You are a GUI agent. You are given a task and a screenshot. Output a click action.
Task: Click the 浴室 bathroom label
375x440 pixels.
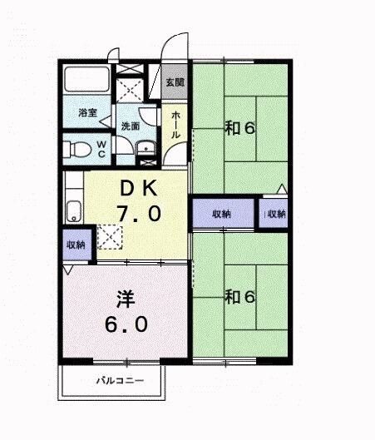[88, 112]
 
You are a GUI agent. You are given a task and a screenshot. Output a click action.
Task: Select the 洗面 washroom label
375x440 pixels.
[131, 126]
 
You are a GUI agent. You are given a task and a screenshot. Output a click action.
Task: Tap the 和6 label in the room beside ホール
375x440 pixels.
[239, 128]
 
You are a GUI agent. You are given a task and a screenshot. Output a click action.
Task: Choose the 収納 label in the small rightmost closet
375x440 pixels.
[275, 214]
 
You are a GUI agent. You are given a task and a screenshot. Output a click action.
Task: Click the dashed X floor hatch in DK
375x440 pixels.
[110, 236]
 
